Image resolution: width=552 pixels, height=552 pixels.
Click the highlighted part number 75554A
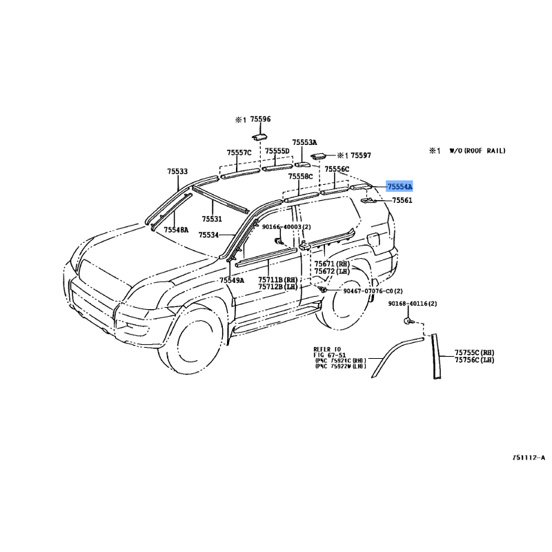tap(400, 187)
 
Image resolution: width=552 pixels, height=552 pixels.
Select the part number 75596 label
tap(260, 119)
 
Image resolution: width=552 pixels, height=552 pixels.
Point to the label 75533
tap(177, 171)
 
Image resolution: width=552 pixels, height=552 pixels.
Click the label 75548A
tap(175, 230)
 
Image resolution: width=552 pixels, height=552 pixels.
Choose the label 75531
tap(212, 219)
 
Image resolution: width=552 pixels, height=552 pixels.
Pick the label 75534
tap(208, 235)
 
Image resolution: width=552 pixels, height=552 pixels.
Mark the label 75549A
tap(232, 280)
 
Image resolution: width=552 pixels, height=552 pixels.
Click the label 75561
tap(402, 201)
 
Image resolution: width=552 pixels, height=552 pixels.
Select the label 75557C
tap(239, 152)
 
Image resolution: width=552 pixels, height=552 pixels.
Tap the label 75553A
tap(304, 141)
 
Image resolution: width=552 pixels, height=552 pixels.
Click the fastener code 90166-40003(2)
tap(286, 227)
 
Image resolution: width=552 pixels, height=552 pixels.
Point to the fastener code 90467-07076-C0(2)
tap(373, 292)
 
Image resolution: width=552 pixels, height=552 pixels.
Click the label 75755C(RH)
tap(474, 352)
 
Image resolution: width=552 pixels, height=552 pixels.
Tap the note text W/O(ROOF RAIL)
tap(477, 150)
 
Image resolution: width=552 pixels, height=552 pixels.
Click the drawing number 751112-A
tap(529, 457)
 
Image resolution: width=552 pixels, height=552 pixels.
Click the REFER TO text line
tap(328, 349)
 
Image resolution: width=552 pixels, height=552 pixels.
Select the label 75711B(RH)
tap(278, 279)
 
